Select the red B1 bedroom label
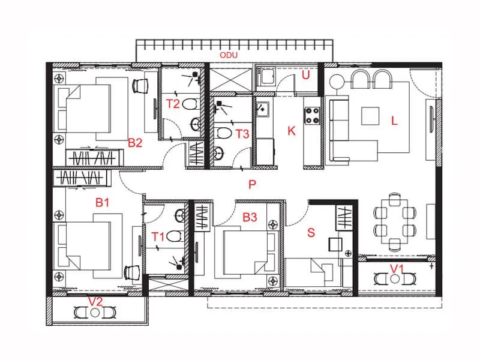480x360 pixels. point(103,203)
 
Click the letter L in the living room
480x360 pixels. point(394,120)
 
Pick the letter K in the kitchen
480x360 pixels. point(292,131)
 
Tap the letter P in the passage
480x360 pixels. point(253,185)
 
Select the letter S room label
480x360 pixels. point(311,233)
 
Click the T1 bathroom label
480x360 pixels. point(157,236)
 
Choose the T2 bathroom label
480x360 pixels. point(173,104)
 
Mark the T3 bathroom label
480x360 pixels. point(242,133)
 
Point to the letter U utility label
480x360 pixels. point(305,76)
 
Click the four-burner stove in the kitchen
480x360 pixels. point(313,115)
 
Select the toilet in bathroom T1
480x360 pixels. point(175,235)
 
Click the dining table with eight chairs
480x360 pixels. point(394,221)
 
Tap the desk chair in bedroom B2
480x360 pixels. point(140,86)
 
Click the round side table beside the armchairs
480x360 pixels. point(336,82)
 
